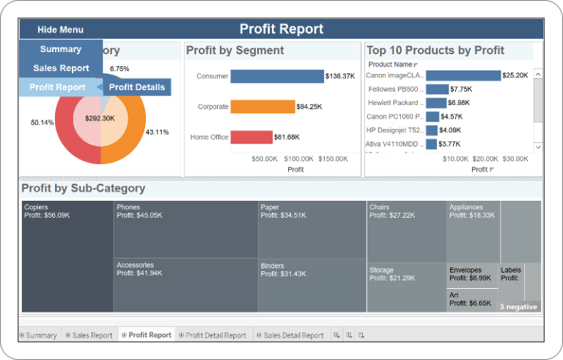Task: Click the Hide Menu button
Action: point(61,29)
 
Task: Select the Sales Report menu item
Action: point(61,68)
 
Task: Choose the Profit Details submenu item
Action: point(137,87)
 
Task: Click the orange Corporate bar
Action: point(262,107)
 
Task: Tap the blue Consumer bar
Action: point(277,76)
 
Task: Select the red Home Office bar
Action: point(251,137)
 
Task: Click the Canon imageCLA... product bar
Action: point(463,76)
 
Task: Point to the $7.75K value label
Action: point(461,89)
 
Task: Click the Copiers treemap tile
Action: point(67,257)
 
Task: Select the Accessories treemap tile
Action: point(185,286)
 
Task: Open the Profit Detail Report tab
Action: point(216,335)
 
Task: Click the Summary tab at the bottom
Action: point(41,335)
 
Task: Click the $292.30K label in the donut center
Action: point(100,118)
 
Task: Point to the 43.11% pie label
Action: point(157,133)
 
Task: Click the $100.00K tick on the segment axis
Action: point(299,158)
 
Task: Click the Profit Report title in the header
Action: point(281,29)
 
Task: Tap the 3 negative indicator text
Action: point(518,306)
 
